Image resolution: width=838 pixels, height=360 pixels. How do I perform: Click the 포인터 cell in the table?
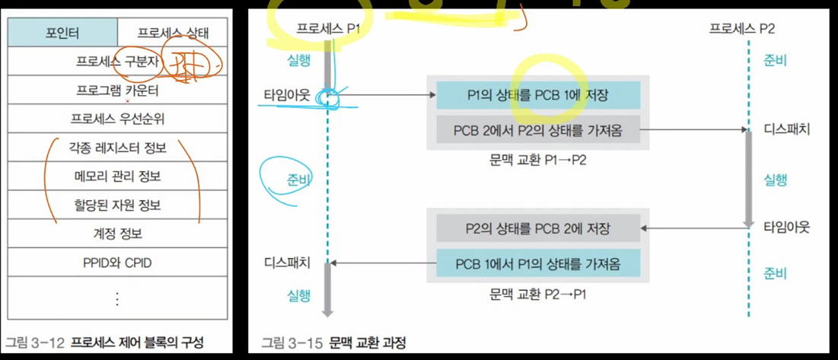pyautogui.click(x=62, y=33)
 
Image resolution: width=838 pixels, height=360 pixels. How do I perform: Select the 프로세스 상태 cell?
pyautogui.click(x=173, y=33)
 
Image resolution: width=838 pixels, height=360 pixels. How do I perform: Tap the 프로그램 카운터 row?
pyautogui.click(x=117, y=91)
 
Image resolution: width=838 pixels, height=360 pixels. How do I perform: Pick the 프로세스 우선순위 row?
pyautogui.click(x=117, y=119)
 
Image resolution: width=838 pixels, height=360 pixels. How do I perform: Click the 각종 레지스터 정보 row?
pyautogui.click(x=117, y=148)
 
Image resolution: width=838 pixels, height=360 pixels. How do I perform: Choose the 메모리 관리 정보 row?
pyautogui.click(x=117, y=177)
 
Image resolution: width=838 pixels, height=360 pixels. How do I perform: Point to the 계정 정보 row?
pyautogui.click(x=117, y=234)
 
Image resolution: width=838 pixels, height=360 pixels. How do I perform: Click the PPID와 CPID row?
pyautogui.click(x=117, y=263)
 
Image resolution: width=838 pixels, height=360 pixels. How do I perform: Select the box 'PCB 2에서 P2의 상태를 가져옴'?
pyautogui.click(x=538, y=130)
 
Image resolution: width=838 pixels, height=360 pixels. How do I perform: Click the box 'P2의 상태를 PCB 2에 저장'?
pyautogui.click(x=538, y=228)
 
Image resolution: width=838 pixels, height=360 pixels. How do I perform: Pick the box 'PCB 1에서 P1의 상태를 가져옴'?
pyautogui.click(x=538, y=263)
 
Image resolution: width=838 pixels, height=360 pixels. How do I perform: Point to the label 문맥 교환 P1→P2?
pyautogui.click(x=538, y=160)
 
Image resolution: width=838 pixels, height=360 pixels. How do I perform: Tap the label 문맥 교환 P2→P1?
pyautogui.click(x=538, y=293)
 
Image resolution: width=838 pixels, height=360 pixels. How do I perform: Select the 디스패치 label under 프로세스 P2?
pyautogui.click(x=785, y=129)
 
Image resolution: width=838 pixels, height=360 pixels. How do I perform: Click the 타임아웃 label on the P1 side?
pyautogui.click(x=282, y=95)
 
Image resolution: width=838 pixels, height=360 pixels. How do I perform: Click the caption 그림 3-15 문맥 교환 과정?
pyautogui.click(x=333, y=342)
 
